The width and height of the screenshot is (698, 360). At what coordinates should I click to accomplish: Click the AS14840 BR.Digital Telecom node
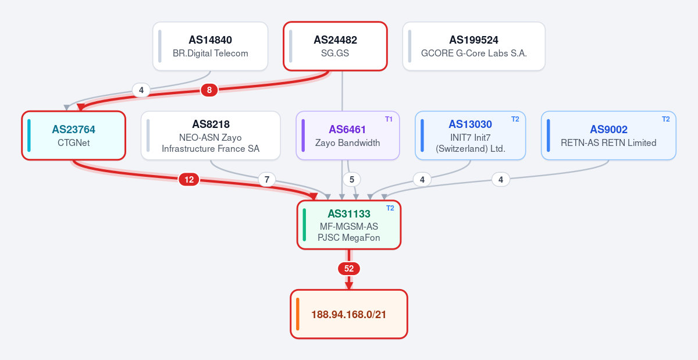(211, 46)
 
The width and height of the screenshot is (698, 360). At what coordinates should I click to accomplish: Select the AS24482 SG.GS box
(335, 46)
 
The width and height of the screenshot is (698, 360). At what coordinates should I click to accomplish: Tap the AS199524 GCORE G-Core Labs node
(473, 46)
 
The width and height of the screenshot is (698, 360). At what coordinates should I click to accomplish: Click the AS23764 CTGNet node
(73, 136)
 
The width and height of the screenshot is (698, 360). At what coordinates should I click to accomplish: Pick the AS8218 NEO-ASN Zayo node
(211, 136)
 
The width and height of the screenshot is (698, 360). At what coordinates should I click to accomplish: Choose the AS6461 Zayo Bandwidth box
(348, 136)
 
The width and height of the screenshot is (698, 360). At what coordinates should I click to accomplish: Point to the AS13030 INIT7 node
(470, 136)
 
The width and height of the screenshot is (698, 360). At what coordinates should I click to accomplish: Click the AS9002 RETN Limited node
(608, 136)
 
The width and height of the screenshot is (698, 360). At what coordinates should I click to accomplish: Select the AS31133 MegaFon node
(349, 224)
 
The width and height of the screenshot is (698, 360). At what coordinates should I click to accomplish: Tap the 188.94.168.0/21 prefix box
(349, 314)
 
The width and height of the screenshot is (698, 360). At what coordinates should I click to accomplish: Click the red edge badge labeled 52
(349, 269)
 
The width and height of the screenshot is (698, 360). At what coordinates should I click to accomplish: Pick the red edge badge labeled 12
(189, 180)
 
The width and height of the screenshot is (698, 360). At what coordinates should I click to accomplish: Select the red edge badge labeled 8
(209, 90)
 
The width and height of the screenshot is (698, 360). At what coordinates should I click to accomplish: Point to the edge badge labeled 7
(267, 180)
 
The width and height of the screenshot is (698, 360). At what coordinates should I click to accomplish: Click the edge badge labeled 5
(352, 180)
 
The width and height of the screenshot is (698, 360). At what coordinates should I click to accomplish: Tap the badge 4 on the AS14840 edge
(141, 90)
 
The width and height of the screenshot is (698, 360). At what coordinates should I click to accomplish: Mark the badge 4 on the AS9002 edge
(501, 180)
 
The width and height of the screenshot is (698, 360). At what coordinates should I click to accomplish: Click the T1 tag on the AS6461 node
(389, 119)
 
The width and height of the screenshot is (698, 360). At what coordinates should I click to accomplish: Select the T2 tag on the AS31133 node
(390, 208)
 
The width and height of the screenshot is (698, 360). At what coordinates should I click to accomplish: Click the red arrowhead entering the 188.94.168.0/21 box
(349, 286)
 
